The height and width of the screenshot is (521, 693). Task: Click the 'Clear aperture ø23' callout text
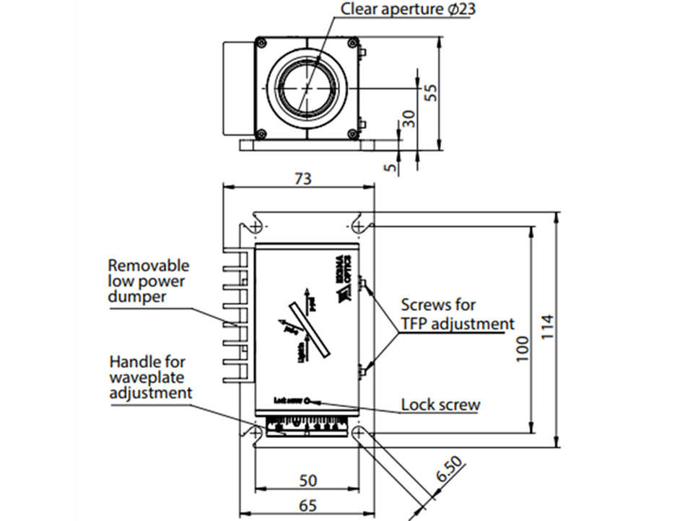coord(408,10)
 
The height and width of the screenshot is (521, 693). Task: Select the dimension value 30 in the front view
coord(409,118)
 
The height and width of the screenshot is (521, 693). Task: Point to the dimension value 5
coord(391,167)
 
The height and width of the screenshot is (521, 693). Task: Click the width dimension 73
coord(303,178)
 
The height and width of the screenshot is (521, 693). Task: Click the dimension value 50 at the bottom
coord(308,480)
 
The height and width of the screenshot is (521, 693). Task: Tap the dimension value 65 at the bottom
coord(308,506)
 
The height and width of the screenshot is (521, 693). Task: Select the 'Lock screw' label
coord(440,404)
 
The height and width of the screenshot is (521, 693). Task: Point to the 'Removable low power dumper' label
coord(148,281)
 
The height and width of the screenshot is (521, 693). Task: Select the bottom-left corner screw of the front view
coord(261,133)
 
